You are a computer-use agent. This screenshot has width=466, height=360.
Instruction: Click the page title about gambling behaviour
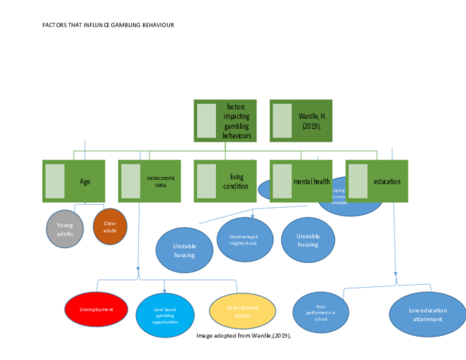(x=108, y=25)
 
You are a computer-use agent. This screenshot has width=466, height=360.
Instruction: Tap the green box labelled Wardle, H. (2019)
(x=301, y=120)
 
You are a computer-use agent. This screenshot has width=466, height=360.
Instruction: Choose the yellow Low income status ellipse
(x=242, y=310)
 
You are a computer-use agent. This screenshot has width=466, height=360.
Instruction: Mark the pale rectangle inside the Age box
(x=55, y=181)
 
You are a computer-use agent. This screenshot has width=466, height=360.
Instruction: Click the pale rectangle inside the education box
(x=358, y=181)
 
